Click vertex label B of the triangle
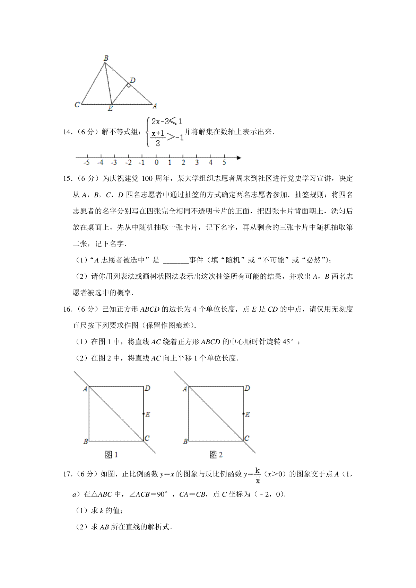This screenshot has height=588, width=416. [x=106, y=58]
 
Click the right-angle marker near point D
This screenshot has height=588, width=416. [x=128, y=85]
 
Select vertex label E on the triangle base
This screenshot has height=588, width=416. [x=110, y=109]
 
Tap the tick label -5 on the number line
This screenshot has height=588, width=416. [x=87, y=163]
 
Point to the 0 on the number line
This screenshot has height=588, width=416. [x=157, y=163]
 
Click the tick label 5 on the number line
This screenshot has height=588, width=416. [x=224, y=163]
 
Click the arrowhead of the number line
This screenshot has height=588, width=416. [x=239, y=158]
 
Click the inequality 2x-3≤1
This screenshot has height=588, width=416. [x=167, y=122]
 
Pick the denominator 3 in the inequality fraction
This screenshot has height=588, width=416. [x=158, y=143]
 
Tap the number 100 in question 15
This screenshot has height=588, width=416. [x=147, y=179]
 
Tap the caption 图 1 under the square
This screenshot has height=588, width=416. [x=111, y=455]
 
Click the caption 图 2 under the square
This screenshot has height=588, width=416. [x=216, y=455]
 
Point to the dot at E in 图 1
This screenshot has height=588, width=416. [x=144, y=414]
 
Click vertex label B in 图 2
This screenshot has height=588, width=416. [x=185, y=442]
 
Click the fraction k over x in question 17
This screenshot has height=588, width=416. [x=258, y=475]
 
